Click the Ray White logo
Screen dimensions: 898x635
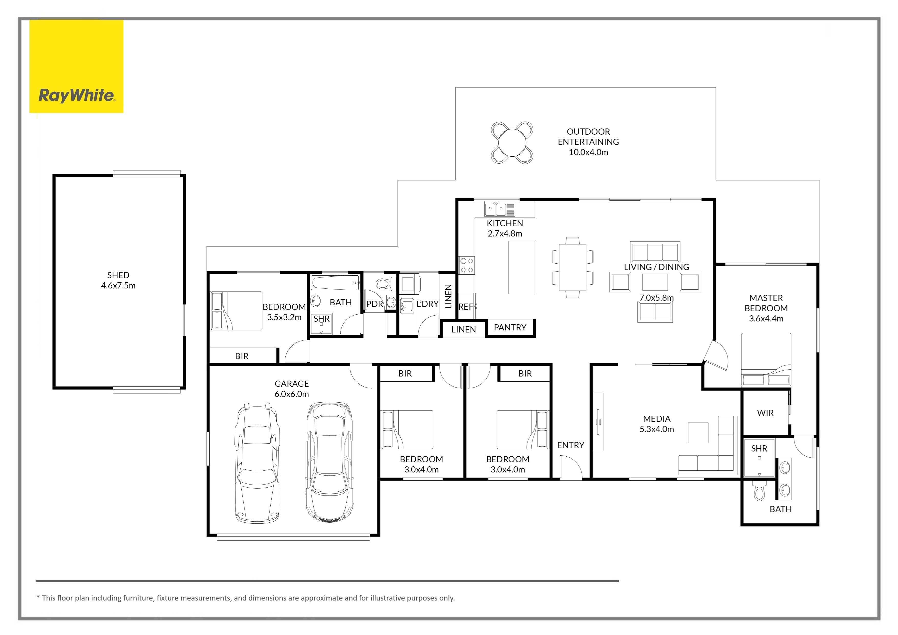pos(77,96)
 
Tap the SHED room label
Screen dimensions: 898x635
pos(118,275)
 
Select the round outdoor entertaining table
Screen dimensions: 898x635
pos(512,143)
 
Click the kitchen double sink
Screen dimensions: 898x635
pos(499,209)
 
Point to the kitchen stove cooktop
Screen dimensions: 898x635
pos(467,265)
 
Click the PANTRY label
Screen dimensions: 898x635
pos(510,327)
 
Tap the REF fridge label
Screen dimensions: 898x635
pos(466,307)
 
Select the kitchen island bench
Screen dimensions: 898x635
pos(522,267)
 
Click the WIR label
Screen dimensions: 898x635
pos(765,413)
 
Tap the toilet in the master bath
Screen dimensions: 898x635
pos(759,492)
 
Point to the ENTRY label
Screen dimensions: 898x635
pos(571,445)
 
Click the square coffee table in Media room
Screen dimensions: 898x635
pos(698,433)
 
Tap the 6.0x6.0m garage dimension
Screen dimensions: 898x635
pos(292,394)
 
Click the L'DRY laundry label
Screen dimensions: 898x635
pos(427,304)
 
